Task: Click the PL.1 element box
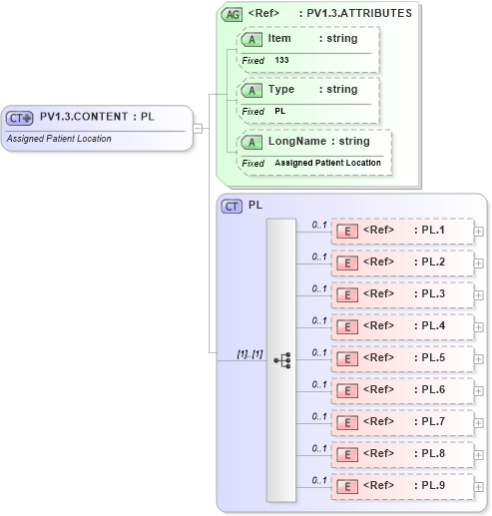(x=402, y=232)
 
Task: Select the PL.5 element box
(x=402, y=358)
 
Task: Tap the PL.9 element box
(x=402, y=486)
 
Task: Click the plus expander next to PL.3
(x=479, y=295)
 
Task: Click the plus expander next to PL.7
(x=479, y=423)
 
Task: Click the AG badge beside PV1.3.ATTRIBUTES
(x=232, y=15)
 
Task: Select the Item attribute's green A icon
(x=252, y=39)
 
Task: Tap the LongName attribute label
(x=294, y=142)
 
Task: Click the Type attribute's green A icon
(x=252, y=90)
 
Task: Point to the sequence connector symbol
(x=281, y=359)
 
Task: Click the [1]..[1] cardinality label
(x=248, y=353)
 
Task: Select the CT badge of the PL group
(x=232, y=206)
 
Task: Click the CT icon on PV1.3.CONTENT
(x=19, y=118)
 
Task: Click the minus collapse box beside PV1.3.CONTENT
(x=198, y=128)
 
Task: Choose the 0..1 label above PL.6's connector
(x=319, y=384)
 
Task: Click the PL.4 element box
(x=402, y=326)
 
